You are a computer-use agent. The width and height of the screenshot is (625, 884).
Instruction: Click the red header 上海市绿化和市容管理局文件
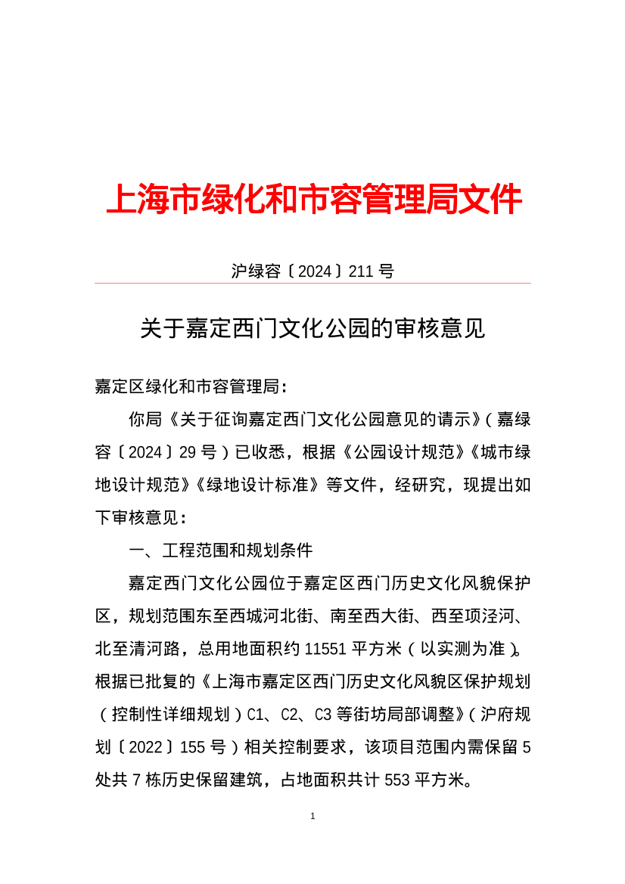pyautogui.click(x=313, y=200)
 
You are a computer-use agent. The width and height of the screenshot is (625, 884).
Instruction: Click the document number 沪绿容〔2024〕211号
pyautogui.click(x=312, y=271)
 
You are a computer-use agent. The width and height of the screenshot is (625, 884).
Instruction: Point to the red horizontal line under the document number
pyautogui.click(x=312, y=284)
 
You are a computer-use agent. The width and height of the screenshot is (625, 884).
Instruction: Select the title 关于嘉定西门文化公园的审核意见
pyautogui.click(x=312, y=329)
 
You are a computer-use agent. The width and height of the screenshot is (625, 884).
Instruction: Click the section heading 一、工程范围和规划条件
pyautogui.click(x=220, y=551)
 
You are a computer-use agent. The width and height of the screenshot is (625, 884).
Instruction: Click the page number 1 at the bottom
pyautogui.click(x=312, y=817)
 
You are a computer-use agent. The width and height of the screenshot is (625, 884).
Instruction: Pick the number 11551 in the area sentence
pyautogui.click(x=325, y=649)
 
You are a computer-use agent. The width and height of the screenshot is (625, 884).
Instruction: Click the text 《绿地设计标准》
pyautogui.click(x=259, y=485)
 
